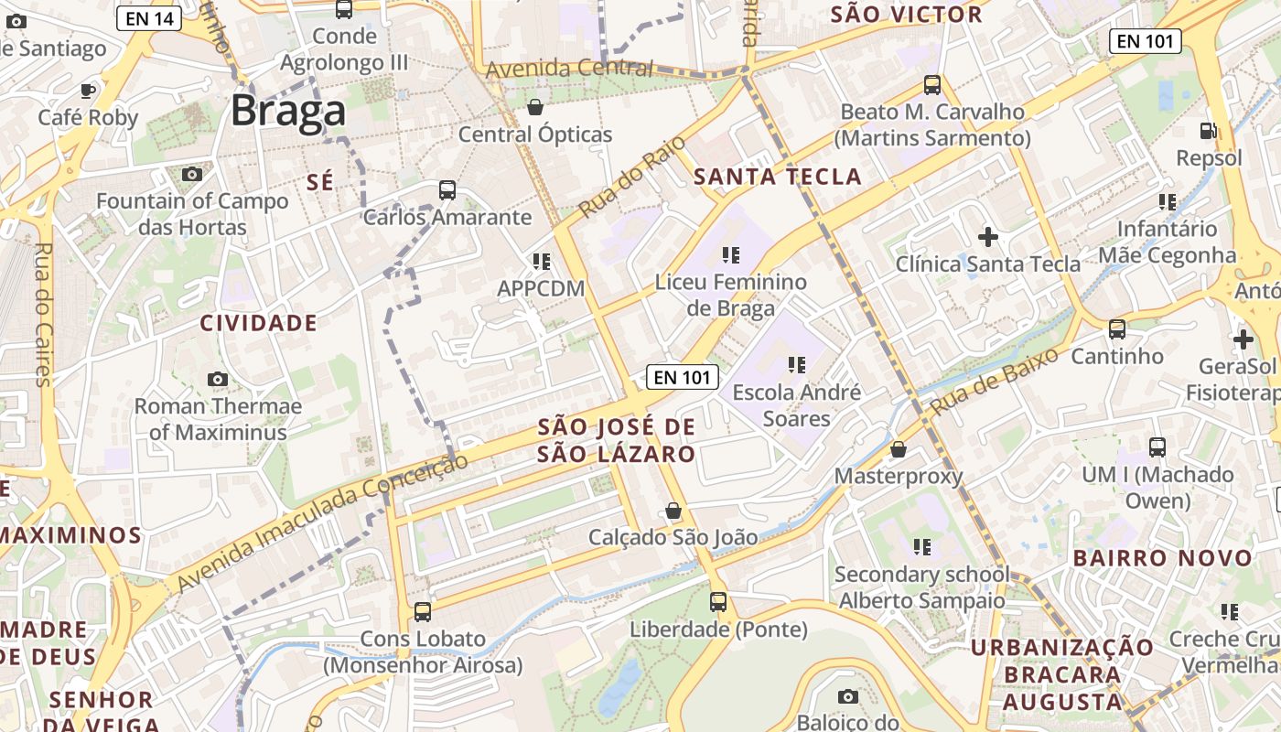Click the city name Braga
[x=288, y=111]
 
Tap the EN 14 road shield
[x=148, y=16]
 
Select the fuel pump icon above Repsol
[x=1209, y=131]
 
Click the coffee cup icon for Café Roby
[x=88, y=90]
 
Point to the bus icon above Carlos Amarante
[x=447, y=190]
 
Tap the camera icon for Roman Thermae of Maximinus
[x=218, y=379]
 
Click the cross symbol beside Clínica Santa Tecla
[x=988, y=237]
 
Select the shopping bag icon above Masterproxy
[x=899, y=449]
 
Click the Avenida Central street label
[x=569, y=69]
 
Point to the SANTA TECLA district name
[x=778, y=177]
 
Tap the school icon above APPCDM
[x=541, y=262]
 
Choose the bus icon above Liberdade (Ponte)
[x=718, y=602]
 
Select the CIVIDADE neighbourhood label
[x=259, y=323]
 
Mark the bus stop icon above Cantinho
[x=1117, y=328]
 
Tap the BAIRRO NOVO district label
[x=1162, y=558]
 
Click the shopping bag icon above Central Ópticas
[x=535, y=107]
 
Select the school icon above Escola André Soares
[x=796, y=365]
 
